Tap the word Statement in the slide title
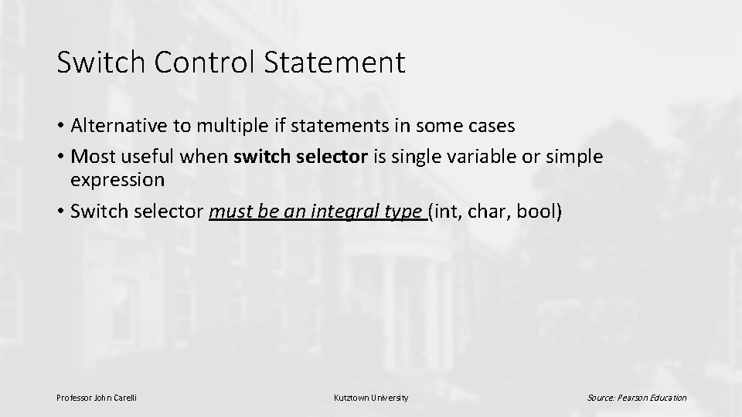coord(335,63)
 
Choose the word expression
coord(117,180)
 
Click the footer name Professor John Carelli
coord(97,398)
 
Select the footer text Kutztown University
coord(370,398)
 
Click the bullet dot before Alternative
coord(60,126)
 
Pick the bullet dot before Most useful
coord(60,157)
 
